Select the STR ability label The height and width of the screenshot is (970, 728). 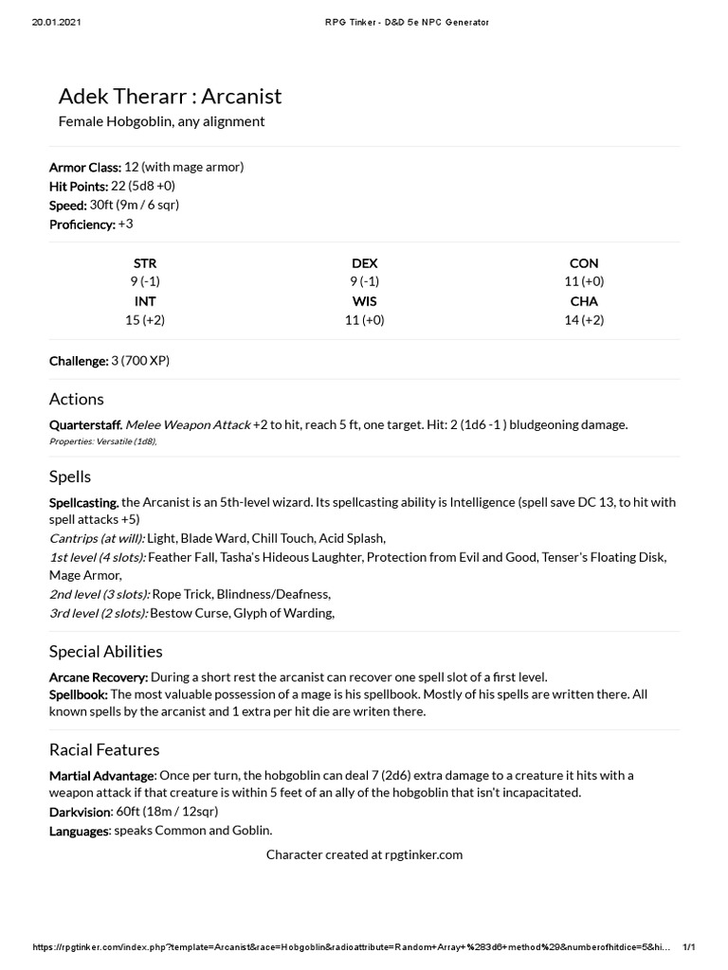(145, 263)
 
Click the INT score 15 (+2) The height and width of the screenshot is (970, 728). (145, 320)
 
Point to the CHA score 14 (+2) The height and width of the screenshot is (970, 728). (584, 320)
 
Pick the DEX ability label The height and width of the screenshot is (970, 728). (364, 263)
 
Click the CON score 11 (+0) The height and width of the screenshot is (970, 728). (584, 281)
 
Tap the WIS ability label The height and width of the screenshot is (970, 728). (364, 301)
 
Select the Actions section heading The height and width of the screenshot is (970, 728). (77, 399)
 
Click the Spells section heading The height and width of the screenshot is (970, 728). (70, 476)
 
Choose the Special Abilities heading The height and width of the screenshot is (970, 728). (106, 652)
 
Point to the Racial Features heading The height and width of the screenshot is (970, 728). (104, 750)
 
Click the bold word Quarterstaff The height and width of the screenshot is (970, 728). (85, 425)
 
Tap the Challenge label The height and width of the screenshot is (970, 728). (79, 361)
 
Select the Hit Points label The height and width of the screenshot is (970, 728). (79, 187)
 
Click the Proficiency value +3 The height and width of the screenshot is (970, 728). (126, 225)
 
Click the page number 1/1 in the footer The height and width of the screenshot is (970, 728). (689, 947)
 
